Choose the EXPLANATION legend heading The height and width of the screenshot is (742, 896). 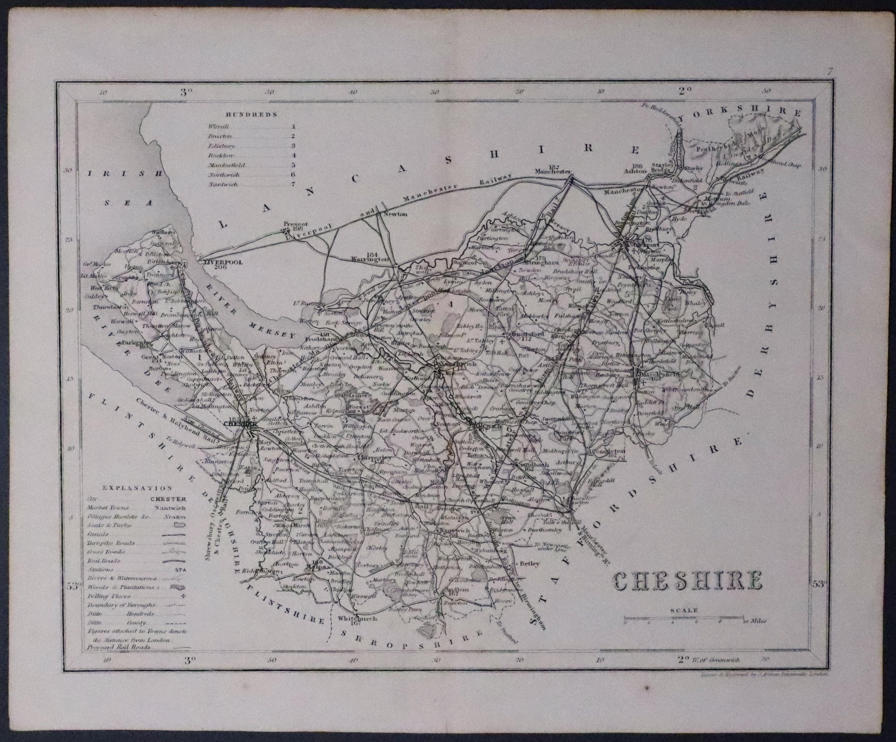(137, 488)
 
